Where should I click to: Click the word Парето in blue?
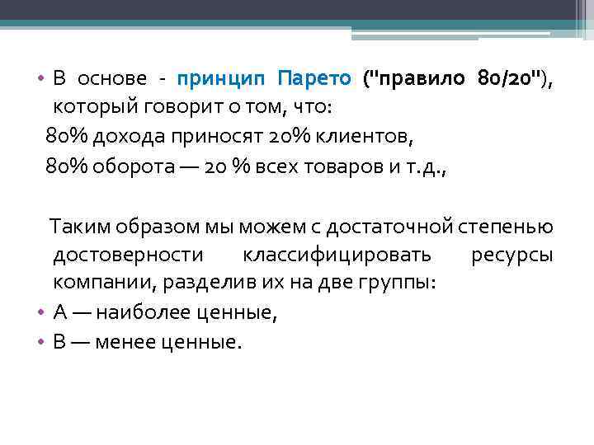[x=314, y=79]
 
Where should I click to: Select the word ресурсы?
[x=511, y=254]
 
